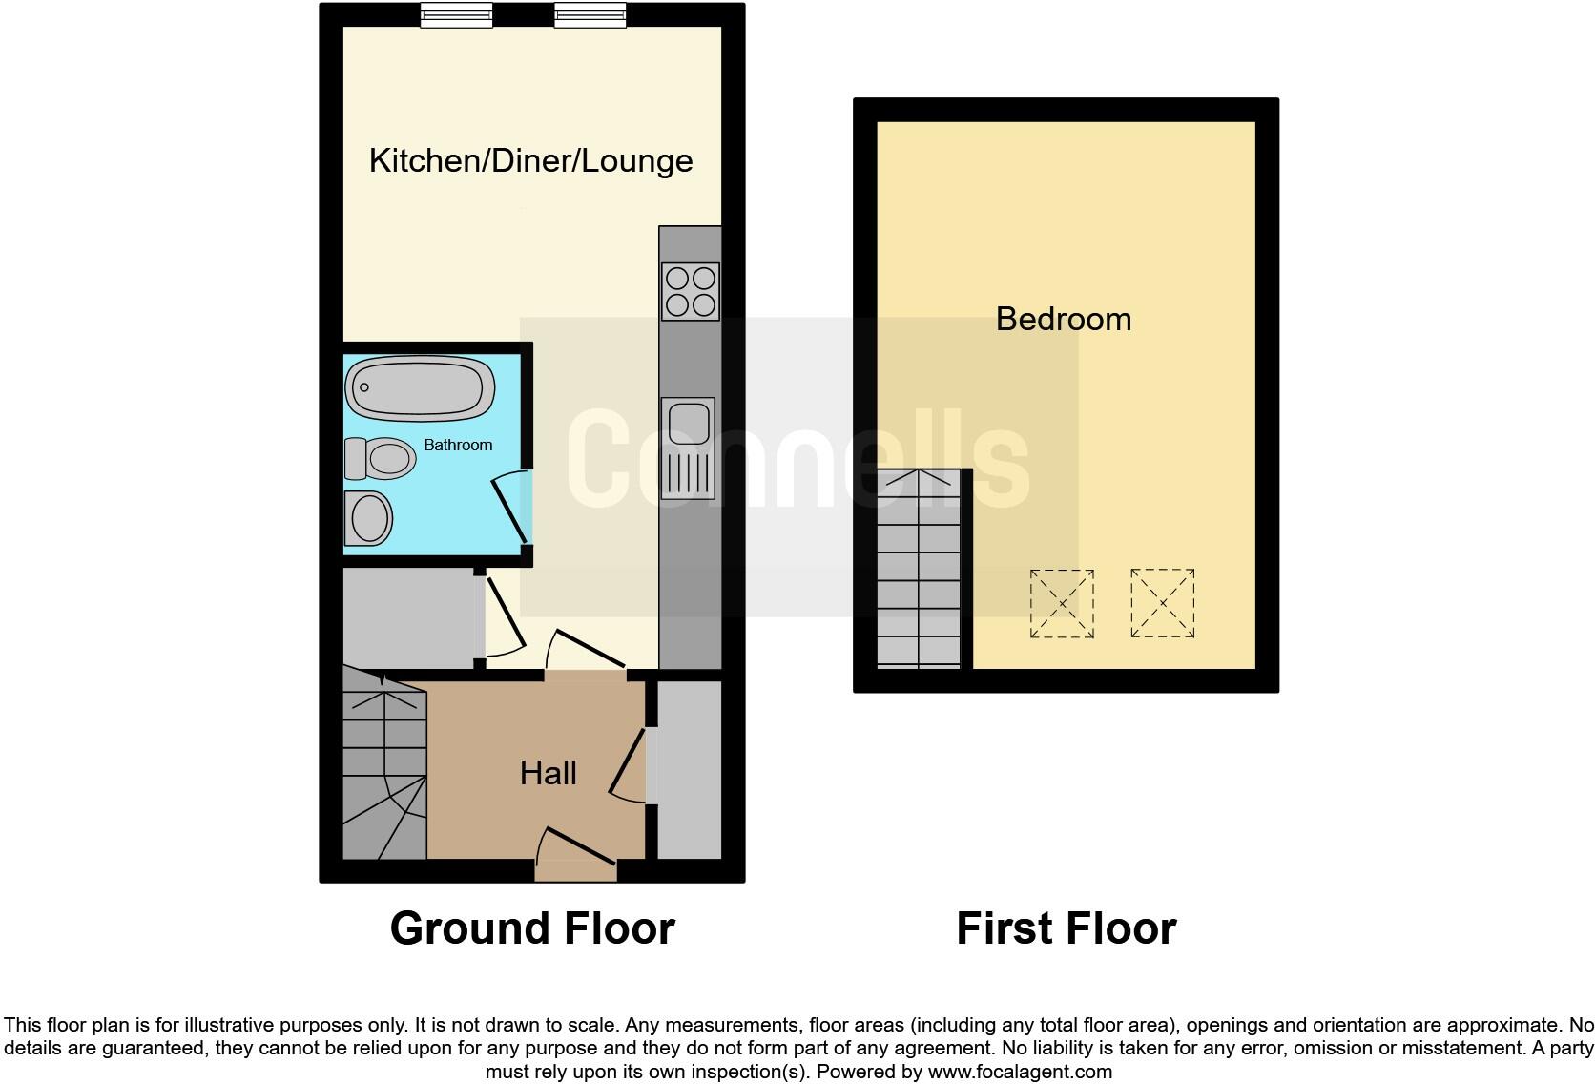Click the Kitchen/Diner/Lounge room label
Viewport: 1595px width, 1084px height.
coord(530,160)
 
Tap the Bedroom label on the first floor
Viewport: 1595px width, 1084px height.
coord(1063,319)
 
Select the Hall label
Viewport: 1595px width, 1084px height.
coord(548,773)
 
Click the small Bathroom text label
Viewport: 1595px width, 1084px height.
coord(458,445)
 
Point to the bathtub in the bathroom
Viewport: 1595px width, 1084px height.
coord(420,388)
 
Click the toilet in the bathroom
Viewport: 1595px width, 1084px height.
coord(381,459)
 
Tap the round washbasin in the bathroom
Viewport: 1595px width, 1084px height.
coord(369,519)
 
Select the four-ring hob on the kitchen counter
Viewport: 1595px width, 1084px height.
coord(690,291)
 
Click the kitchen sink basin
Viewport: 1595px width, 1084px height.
coord(689,423)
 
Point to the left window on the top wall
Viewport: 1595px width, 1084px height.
coord(457,14)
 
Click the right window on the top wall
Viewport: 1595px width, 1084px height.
coord(590,14)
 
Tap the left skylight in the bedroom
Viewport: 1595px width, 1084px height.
coord(1062,603)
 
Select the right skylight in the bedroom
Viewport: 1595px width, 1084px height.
coord(1162,603)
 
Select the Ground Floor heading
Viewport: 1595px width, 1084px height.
coord(532,928)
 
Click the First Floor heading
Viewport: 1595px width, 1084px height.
coord(1066,928)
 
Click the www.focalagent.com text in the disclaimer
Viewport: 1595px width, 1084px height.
coord(1020,1072)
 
